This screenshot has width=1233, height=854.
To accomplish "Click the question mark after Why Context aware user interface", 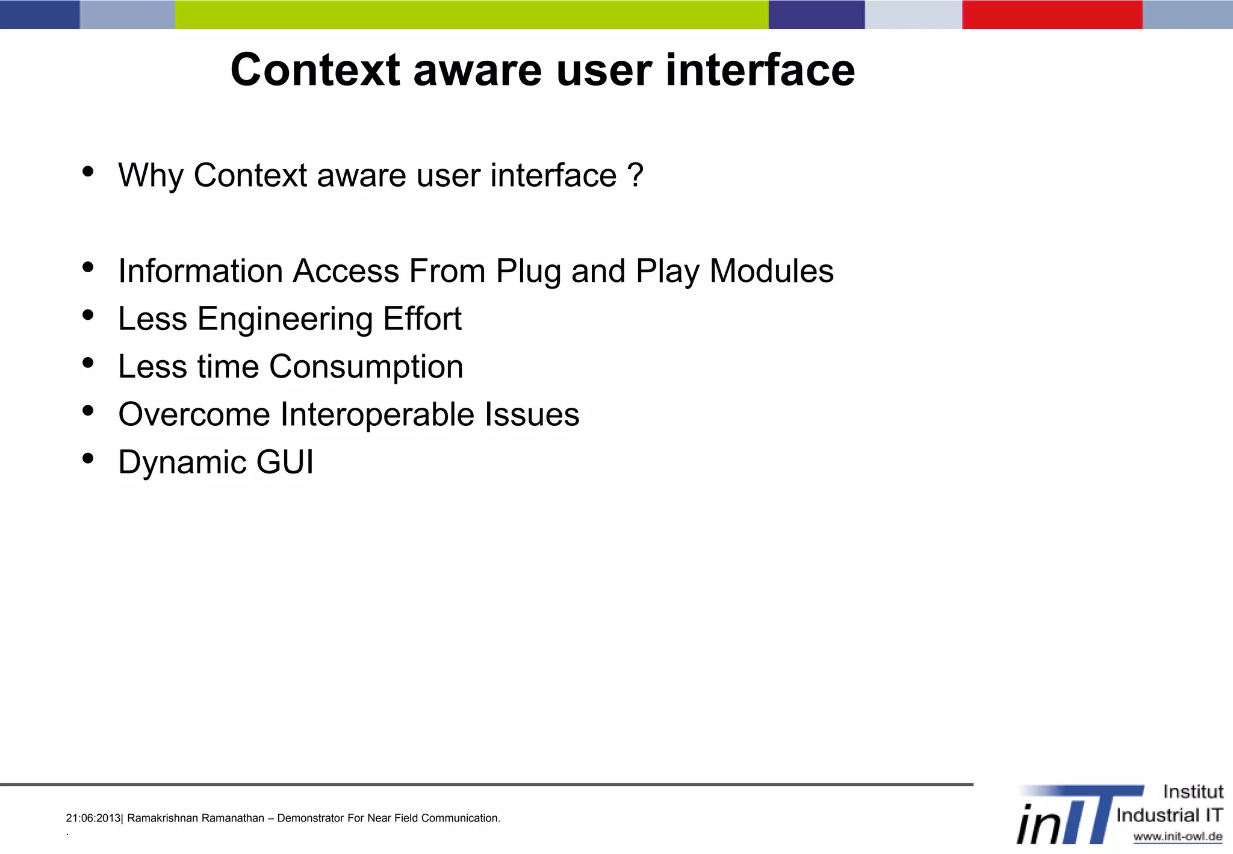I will point(635,175).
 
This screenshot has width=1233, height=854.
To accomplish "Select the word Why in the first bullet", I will point(151,176).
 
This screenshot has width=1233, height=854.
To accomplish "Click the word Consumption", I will point(366,367).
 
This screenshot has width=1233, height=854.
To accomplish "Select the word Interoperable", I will point(377,414).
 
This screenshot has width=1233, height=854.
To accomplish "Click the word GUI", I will point(285,463).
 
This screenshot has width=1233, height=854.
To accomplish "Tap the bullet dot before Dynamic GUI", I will point(88,458).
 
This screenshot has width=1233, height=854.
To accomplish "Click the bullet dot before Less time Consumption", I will point(88,363).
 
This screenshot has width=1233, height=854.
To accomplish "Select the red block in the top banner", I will point(1052,14).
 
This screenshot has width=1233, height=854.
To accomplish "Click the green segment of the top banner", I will point(471,14).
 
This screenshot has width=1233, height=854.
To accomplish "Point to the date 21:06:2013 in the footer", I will point(93,818).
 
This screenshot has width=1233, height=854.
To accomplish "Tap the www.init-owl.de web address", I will point(1177,837).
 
